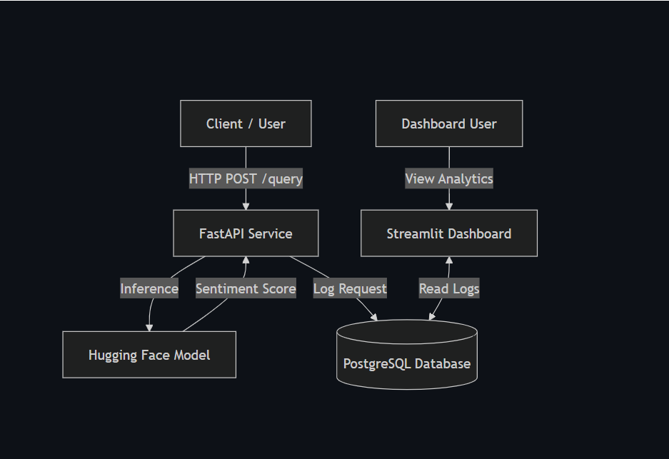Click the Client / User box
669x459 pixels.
[246, 123]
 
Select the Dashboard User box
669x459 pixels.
[448, 123]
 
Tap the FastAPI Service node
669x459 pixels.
[246, 233]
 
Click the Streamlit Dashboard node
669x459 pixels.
[448, 233]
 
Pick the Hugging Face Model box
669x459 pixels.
[149, 355]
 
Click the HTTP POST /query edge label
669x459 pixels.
[246, 179]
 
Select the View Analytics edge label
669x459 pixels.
[448, 179]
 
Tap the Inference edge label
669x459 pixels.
[149, 288]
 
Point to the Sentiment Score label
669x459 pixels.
[246, 288]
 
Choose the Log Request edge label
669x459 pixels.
[350, 288]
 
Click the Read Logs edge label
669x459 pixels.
[448, 288]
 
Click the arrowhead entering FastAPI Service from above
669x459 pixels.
[246, 206]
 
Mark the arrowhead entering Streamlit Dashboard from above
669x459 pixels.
[448, 206]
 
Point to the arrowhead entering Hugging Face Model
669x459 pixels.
[149, 327]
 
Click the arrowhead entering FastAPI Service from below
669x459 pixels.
[246, 261]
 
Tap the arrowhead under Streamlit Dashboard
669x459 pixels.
[448, 261]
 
